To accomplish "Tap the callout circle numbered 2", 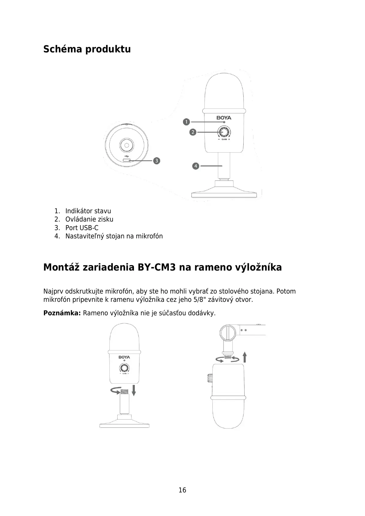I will [193, 132].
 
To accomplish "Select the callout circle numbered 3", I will [157, 160].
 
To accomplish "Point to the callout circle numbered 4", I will [196, 166].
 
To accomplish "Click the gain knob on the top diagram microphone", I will [224, 132].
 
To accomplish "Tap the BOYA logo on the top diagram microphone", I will [224, 118].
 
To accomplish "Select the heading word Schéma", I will [63, 49].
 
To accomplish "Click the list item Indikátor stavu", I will [88, 211].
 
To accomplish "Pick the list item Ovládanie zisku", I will [89, 219].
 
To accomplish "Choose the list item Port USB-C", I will [82, 228].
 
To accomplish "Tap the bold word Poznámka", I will [62, 313].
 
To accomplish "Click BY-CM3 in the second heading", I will [157, 267].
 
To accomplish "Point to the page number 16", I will [182, 490].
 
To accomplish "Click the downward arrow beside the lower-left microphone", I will [134, 390].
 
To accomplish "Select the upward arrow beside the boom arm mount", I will [245, 357].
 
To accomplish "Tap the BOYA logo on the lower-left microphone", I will [124, 357].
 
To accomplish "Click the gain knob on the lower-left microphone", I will [124, 368].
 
